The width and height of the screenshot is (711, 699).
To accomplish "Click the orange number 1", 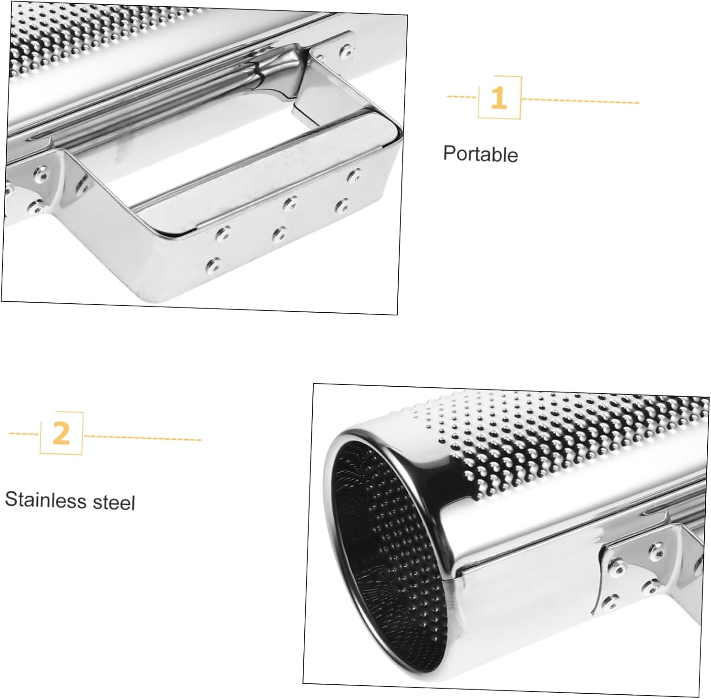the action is (498, 98).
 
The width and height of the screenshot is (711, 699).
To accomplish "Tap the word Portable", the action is (480, 154).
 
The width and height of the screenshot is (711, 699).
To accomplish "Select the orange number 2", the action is (61, 434).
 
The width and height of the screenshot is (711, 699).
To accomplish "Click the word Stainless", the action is (45, 500).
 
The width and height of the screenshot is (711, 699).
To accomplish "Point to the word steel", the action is (114, 502).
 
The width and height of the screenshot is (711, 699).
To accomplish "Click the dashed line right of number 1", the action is (580, 101).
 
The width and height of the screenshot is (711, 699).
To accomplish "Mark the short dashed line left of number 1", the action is (462, 97).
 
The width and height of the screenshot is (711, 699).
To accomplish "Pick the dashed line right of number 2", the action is (143, 438).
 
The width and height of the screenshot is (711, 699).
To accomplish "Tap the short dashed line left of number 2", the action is (24, 434).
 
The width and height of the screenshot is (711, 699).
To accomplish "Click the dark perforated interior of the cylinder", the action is (389, 531).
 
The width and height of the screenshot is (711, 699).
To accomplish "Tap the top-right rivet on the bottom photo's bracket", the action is (657, 548).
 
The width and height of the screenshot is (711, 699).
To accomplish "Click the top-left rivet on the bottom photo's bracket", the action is (617, 564).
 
